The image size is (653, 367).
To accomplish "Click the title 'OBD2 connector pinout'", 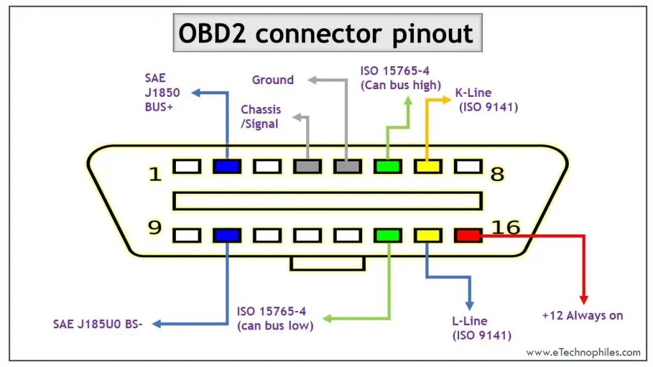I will [327, 33].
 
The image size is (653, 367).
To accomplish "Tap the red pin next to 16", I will [468, 236].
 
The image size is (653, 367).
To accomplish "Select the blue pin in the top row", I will [226, 167].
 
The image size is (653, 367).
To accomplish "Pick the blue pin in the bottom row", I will [226, 236].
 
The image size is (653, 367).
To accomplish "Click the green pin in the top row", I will [388, 167].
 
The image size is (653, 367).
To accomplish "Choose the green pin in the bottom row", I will [388, 236].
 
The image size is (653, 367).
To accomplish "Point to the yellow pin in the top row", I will [428, 167].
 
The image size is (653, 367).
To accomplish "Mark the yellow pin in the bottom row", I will [428, 236].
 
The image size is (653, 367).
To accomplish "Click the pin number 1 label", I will [155, 174].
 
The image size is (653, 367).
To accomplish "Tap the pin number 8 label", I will [497, 174].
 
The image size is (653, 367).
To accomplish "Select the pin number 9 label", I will [155, 227].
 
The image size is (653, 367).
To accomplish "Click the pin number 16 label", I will [506, 227].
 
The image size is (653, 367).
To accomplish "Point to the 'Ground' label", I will [273, 80].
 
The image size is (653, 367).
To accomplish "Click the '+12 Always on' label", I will [582, 315].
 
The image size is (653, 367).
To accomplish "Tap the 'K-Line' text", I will [473, 93].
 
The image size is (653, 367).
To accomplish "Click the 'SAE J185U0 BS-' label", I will [98, 324].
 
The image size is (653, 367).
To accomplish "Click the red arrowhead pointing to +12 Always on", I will [583, 299].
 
